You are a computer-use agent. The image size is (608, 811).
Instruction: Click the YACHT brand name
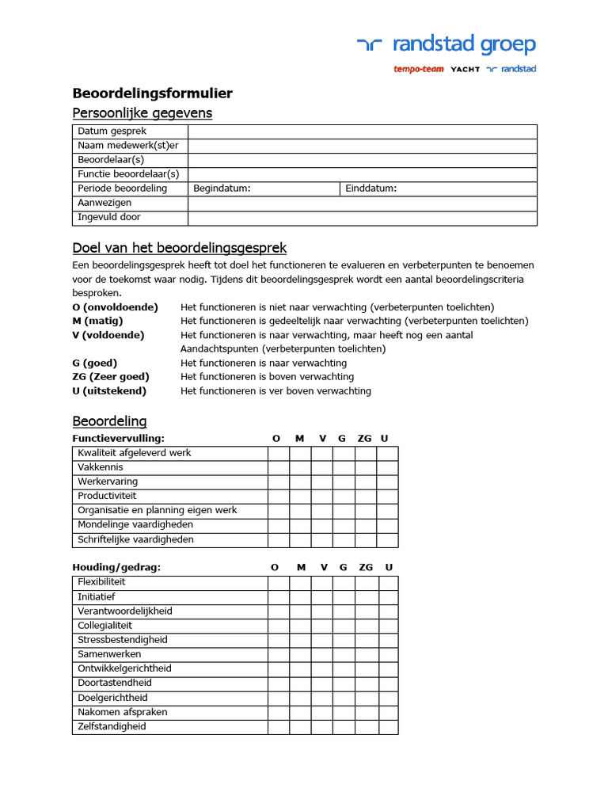tap(465, 69)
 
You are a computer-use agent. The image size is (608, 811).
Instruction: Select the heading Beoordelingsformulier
tap(152, 93)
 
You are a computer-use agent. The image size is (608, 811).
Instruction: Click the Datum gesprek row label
tap(112, 131)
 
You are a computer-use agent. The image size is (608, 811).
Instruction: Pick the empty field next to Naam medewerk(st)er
tap(362, 146)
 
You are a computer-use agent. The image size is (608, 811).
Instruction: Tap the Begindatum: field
tap(264, 188)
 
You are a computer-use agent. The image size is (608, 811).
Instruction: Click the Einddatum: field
tap(439, 188)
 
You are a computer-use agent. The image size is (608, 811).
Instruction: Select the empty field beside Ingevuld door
tap(362, 217)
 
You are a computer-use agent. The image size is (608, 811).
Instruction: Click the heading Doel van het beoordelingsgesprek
tap(179, 248)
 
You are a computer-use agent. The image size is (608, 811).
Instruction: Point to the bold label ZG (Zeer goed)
tap(110, 377)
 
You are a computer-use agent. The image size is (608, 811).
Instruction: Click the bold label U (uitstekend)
tap(108, 391)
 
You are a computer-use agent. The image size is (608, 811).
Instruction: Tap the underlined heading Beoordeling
tap(109, 421)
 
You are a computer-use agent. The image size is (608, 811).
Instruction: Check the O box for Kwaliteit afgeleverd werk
tap(278, 453)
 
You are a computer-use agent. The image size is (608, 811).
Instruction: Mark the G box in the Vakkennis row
tap(343, 467)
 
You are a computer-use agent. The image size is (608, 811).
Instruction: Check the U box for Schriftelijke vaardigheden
tap(387, 539)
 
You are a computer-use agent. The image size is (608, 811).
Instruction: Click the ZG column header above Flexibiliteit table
tap(365, 567)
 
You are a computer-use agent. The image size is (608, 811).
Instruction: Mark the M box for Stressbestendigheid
tap(300, 640)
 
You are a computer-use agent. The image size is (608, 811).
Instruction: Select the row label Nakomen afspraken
tap(122, 712)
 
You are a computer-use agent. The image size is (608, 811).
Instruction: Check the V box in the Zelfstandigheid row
tap(322, 726)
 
